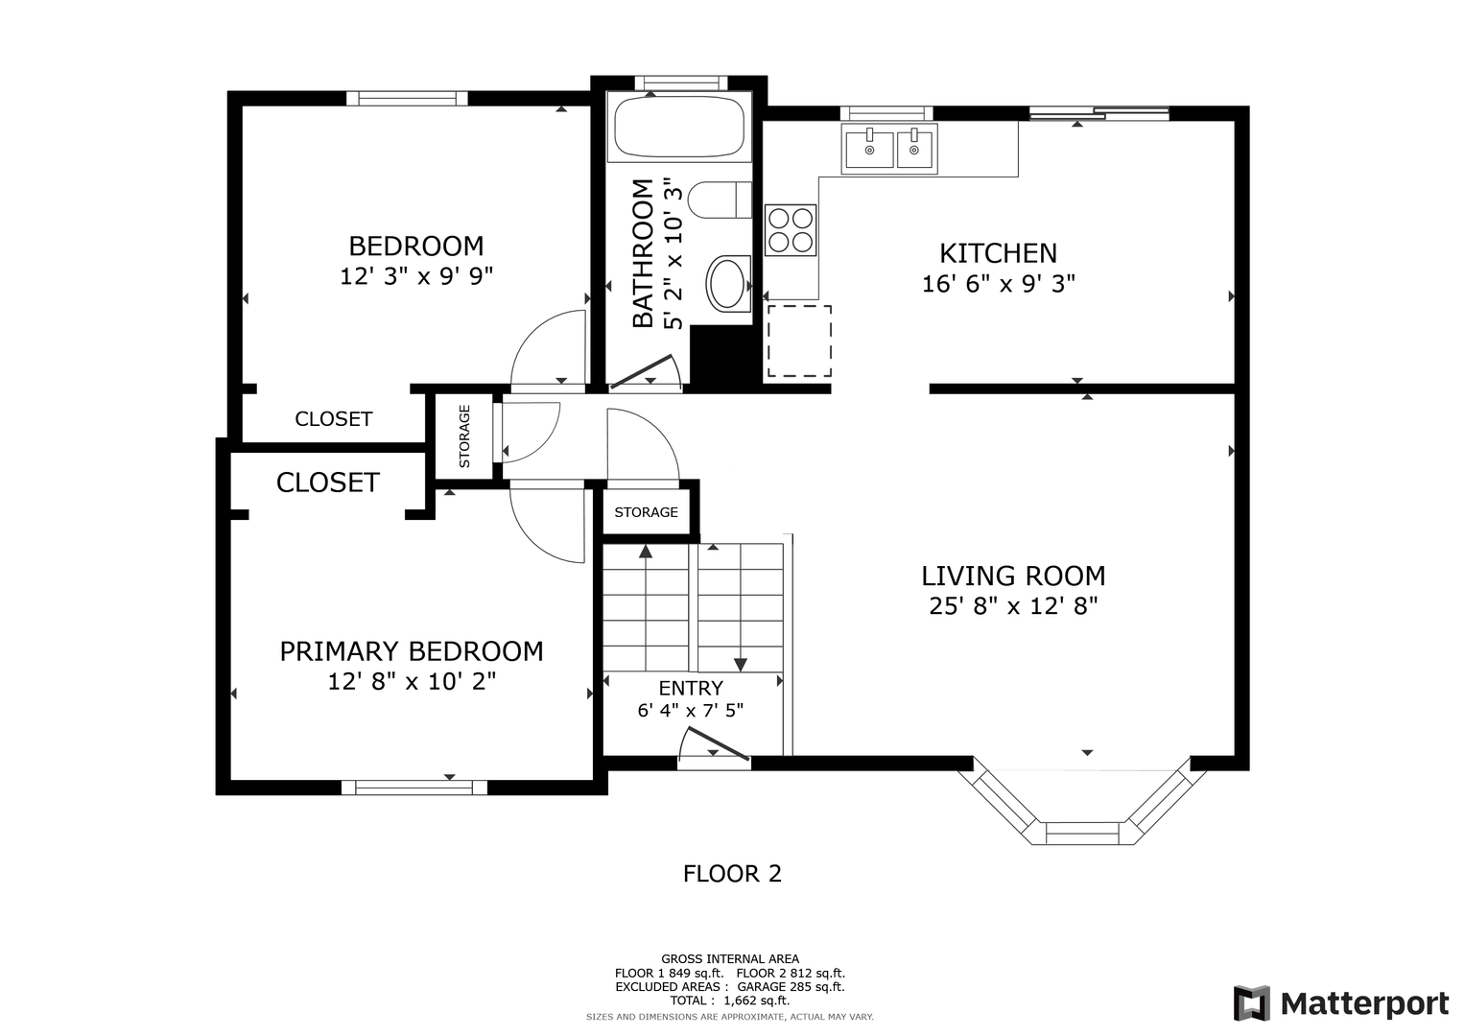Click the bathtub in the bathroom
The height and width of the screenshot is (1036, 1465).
[x=679, y=127]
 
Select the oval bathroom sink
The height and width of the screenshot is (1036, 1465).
[x=727, y=284]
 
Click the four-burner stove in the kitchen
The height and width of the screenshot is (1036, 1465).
[x=790, y=230]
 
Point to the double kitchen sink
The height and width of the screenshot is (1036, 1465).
[x=888, y=149]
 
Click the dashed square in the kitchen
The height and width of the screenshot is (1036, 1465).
[x=799, y=341]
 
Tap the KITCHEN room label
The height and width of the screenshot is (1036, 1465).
[x=998, y=253]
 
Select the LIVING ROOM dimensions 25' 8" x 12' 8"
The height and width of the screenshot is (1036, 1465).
[x=1013, y=606]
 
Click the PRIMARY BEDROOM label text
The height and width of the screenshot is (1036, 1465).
[x=412, y=651]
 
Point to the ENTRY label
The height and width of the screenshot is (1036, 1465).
[x=691, y=688]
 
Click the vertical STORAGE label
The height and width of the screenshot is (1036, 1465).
[x=464, y=436]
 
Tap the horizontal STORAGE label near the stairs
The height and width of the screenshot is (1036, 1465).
[x=647, y=512]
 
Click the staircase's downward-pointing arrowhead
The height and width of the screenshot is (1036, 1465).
[x=741, y=665]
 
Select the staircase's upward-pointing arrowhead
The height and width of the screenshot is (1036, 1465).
[x=646, y=552]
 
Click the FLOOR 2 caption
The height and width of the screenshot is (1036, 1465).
[x=733, y=874]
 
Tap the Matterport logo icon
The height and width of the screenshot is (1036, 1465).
[x=1252, y=1003]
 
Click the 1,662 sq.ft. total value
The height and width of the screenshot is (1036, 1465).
[x=757, y=1001]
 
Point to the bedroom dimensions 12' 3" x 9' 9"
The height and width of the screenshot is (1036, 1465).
[x=416, y=276]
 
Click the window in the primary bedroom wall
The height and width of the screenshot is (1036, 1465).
[x=414, y=788]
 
